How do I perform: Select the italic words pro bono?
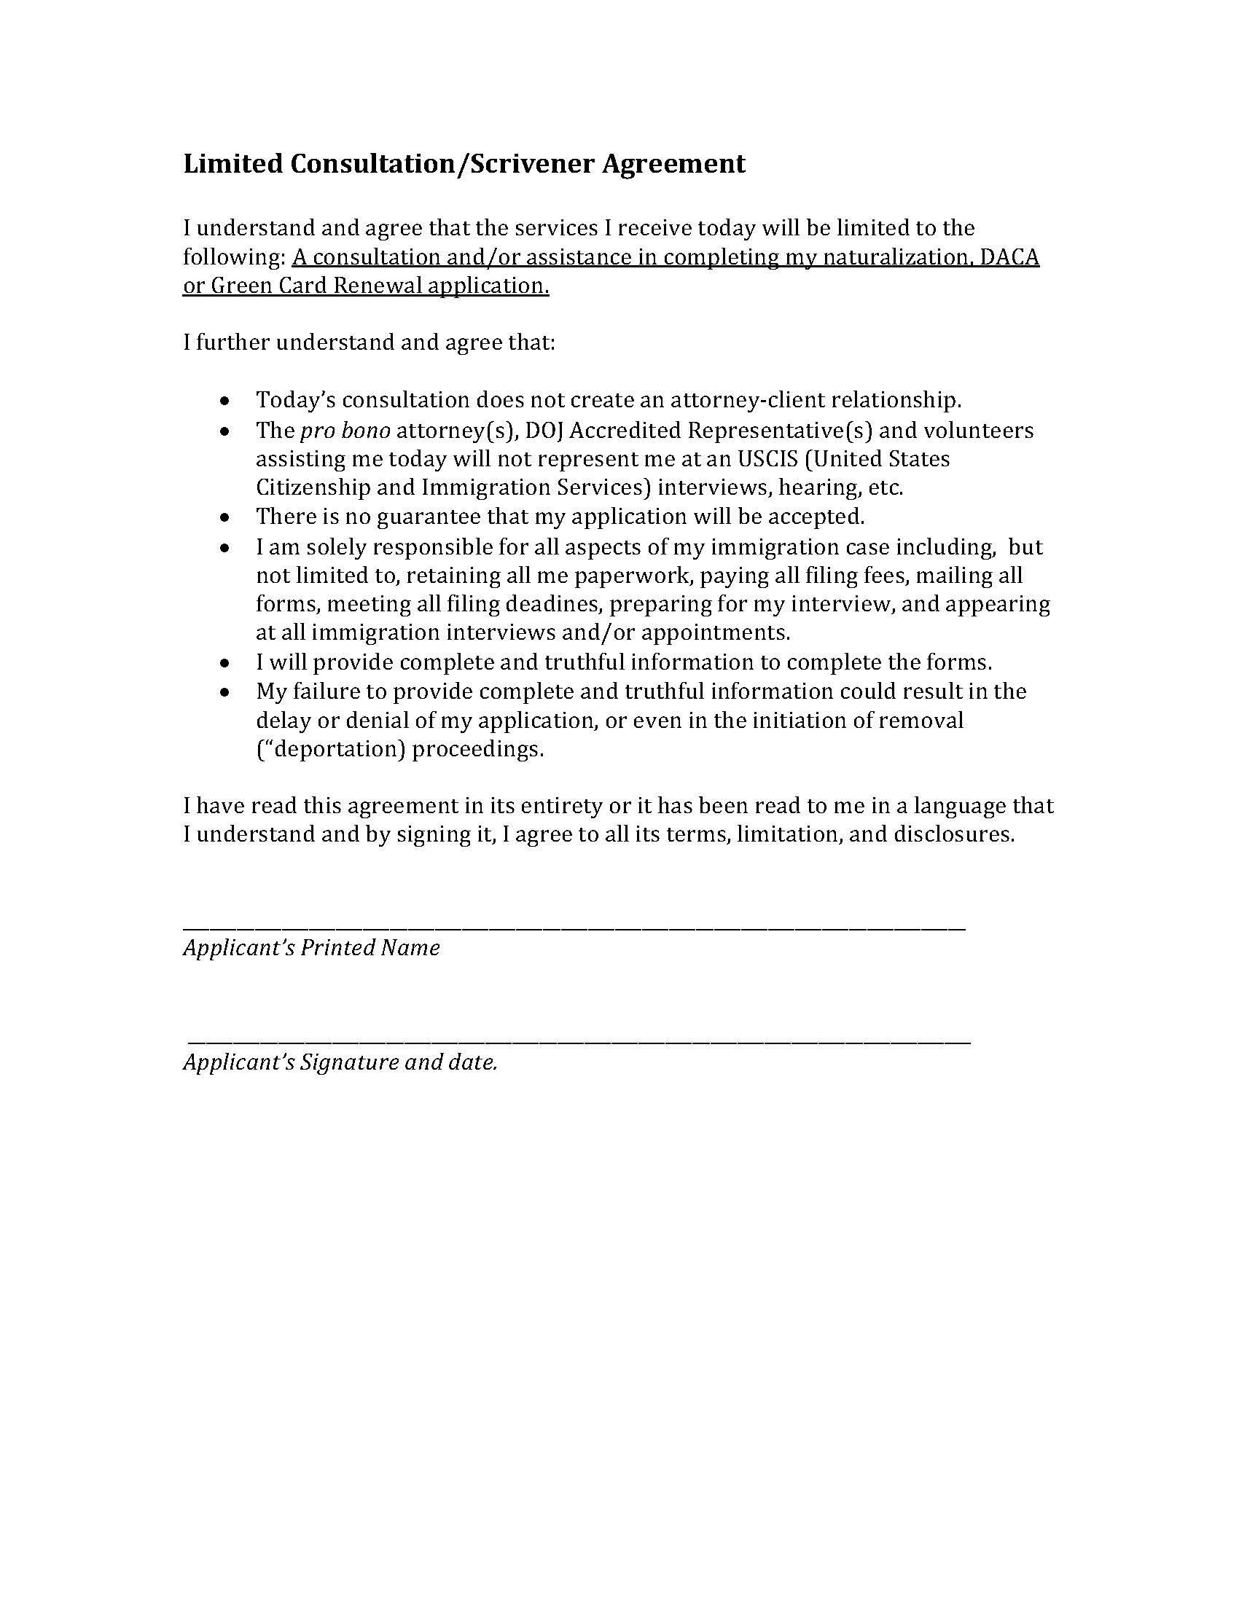click(345, 430)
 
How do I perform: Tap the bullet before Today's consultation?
click(225, 401)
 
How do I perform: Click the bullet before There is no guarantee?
click(225, 518)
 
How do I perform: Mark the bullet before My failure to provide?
click(225, 693)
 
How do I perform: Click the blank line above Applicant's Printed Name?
click(574, 929)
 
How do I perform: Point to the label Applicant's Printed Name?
click(311, 948)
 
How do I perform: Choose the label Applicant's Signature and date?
click(340, 1063)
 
